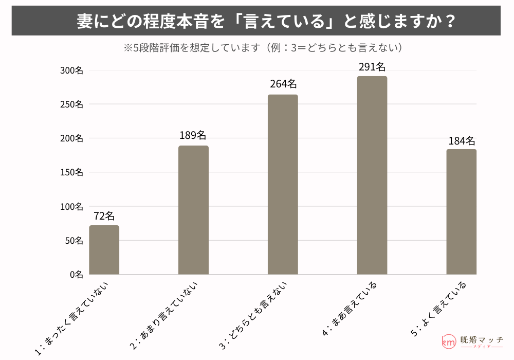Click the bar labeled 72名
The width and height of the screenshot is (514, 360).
pyautogui.click(x=104, y=250)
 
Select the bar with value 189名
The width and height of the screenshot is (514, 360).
pyautogui.click(x=193, y=210)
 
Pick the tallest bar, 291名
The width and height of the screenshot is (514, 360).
pyautogui.click(x=372, y=175)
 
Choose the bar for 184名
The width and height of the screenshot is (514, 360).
pyautogui.click(x=461, y=211)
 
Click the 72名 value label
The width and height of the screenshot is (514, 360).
pyautogui.click(x=104, y=216)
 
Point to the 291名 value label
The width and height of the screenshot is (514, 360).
pyautogui.click(x=372, y=67)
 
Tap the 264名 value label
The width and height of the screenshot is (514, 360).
pyautogui.click(x=283, y=84)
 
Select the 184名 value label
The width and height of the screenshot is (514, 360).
pyautogui.click(x=461, y=141)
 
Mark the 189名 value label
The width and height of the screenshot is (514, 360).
pyautogui.click(x=193, y=136)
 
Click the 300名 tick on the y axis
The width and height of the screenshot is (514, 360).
pyautogui.click(x=71, y=70)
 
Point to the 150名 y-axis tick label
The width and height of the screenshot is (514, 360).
pyautogui.click(x=71, y=172)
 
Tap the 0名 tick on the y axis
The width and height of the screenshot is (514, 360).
pyautogui.click(x=76, y=275)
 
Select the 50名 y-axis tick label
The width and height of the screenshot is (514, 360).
pyautogui.click(x=74, y=240)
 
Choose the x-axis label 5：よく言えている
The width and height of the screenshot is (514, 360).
pyautogui.click(x=439, y=309)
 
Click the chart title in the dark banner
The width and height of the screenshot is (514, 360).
pyautogui.click(x=256, y=21)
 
